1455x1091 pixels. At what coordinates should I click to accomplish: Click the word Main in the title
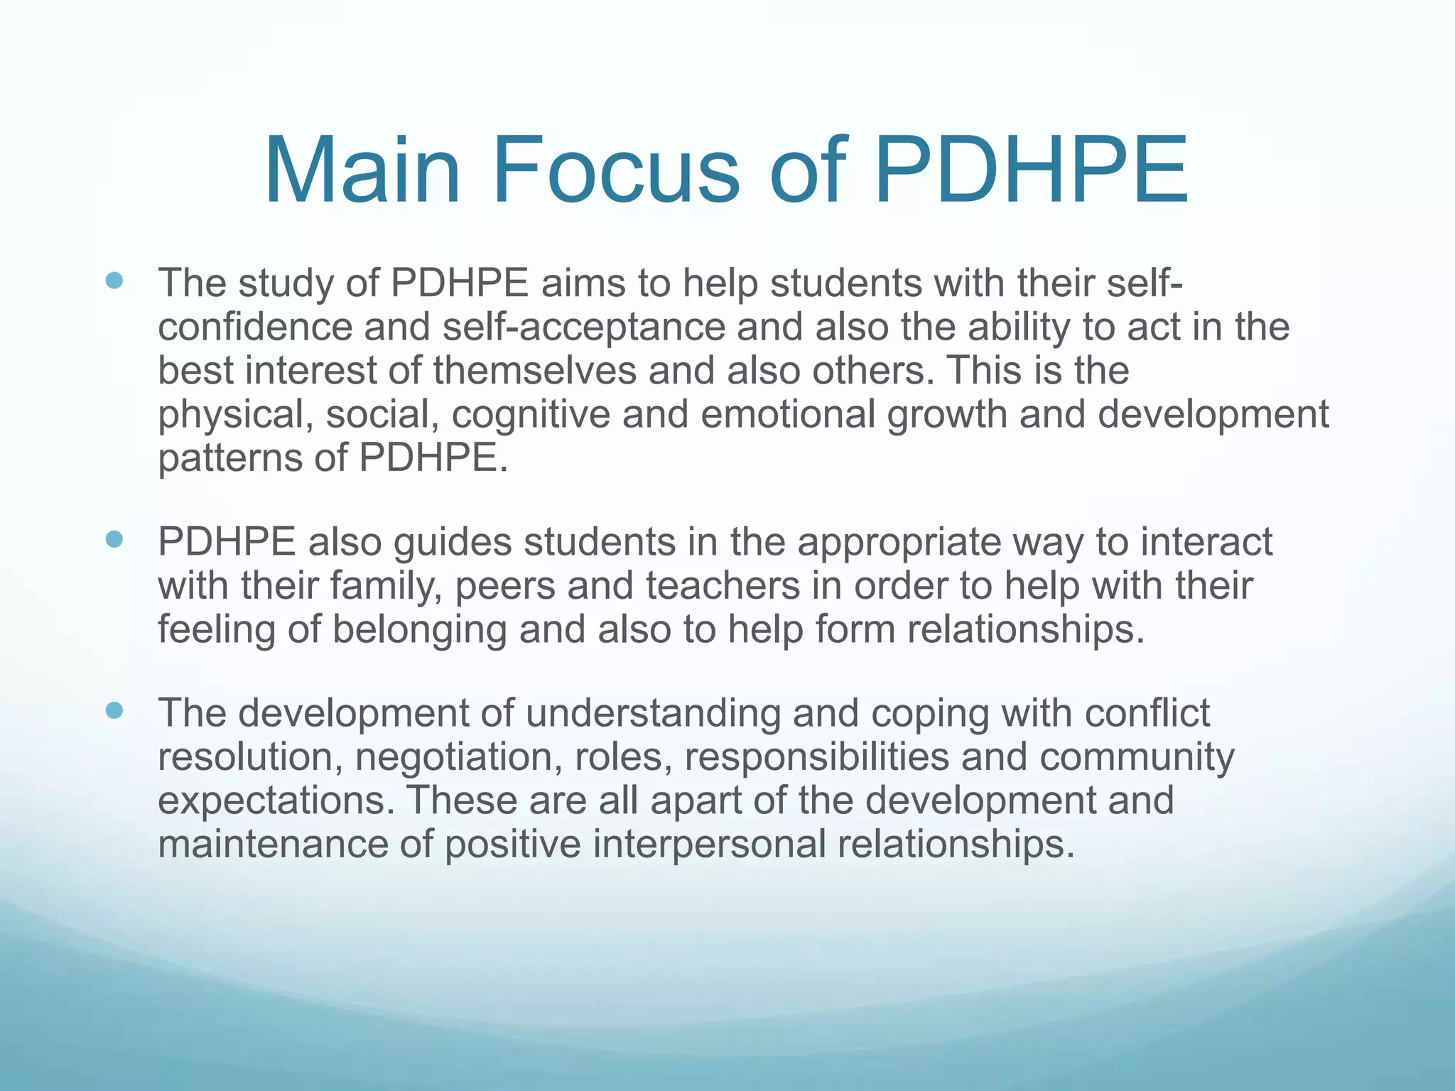click(x=362, y=173)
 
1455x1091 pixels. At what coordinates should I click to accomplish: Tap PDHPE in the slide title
click(x=1032, y=173)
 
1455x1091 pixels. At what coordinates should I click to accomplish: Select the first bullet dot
click(x=114, y=281)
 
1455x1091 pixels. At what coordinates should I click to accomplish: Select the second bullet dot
click(x=114, y=540)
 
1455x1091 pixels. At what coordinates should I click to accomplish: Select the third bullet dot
click(x=114, y=710)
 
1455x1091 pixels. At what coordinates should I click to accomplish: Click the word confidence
click(x=255, y=327)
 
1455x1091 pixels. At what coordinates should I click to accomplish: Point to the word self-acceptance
click(x=583, y=327)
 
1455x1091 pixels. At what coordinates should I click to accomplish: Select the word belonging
click(x=419, y=631)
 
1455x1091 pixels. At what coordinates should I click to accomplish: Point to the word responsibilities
click(x=816, y=757)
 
